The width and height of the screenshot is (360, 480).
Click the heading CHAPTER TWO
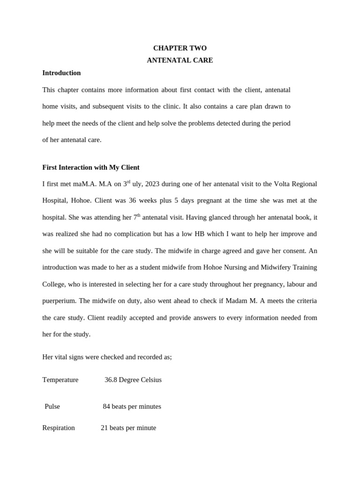tap(180, 48)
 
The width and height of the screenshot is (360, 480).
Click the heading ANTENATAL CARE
tap(180, 60)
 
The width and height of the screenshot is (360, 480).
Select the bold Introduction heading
tap(61, 73)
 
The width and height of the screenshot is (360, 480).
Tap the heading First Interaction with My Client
tap(91, 167)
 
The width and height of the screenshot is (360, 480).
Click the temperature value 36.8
tap(111, 380)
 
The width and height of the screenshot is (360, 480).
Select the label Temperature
tap(60, 380)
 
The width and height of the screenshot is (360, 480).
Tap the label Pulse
tap(52, 406)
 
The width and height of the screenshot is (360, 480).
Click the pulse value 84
tap(106, 406)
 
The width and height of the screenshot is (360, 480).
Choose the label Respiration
tap(59, 427)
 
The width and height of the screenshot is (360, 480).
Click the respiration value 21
tap(105, 427)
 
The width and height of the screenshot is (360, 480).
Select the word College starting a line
tap(53, 284)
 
